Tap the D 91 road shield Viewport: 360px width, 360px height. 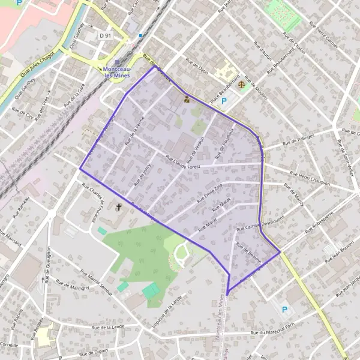tap(106, 36)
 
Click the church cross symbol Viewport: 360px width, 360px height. tap(118, 208)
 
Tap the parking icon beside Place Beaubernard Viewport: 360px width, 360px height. tap(224, 101)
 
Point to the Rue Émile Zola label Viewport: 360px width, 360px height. tap(209, 191)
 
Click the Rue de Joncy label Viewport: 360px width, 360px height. tap(142, 176)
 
